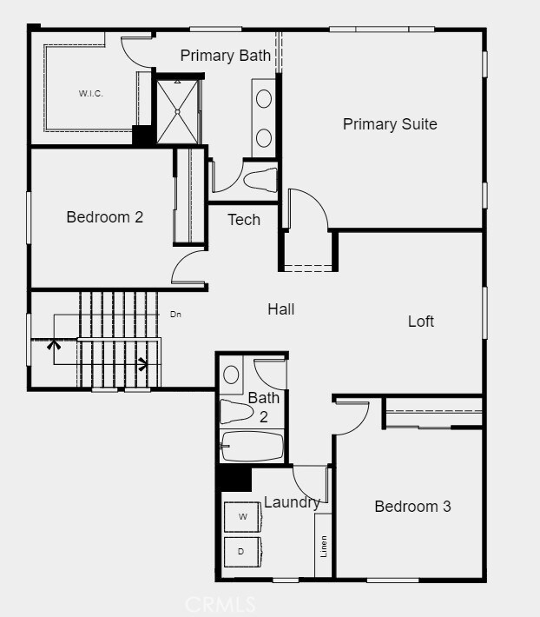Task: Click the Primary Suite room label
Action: click(x=390, y=124)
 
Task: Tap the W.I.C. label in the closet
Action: click(x=90, y=94)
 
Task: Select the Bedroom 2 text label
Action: click(x=104, y=217)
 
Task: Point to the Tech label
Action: click(x=244, y=220)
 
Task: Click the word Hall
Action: click(x=280, y=308)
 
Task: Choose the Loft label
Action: click(x=421, y=322)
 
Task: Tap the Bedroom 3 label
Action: click(x=412, y=507)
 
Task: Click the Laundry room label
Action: click(x=292, y=502)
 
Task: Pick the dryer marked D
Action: click(x=243, y=551)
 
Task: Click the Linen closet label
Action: click(x=324, y=545)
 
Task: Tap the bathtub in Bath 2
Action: click(x=252, y=448)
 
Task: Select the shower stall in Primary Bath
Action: click(x=177, y=110)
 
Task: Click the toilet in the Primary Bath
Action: click(x=260, y=180)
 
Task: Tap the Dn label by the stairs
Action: click(x=175, y=314)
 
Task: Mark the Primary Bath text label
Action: click(x=226, y=56)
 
